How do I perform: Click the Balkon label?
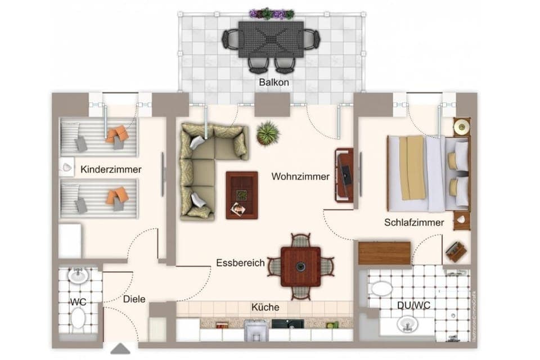(274, 82)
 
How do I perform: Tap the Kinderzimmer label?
(111, 169)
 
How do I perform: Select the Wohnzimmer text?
(300, 177)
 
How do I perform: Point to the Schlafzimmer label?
(414, 222)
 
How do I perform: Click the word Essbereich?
(240, 263)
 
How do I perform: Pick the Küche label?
(265, 307)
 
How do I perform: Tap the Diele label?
(134, 299)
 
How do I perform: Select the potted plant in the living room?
(268, 133)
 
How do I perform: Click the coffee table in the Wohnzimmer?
(242, 195)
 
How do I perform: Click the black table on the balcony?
(271, 39)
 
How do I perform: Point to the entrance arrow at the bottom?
(121, 349)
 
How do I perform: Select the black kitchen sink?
(287, 325)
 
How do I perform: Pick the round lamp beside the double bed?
(462, 127)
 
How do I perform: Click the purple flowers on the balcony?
(272, 13)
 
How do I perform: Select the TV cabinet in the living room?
(344, 175)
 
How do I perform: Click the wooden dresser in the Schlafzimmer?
(384, 253)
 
